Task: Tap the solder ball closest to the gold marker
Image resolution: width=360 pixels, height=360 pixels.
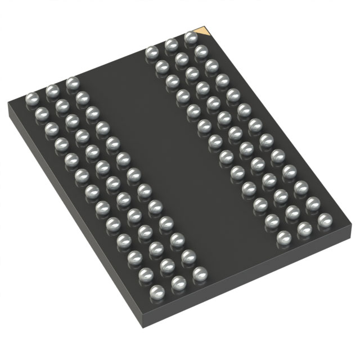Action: (x=190, y=38)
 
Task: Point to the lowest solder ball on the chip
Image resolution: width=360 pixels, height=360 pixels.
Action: (x=156, y=291)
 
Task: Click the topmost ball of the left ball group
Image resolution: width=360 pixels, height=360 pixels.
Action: (x=71, y=83)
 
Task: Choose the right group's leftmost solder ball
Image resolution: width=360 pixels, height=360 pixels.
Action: (x=151, y=53)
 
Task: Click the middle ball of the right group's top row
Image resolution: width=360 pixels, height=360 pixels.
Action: (x=171, y=45)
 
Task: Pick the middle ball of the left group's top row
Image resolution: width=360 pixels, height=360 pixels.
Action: (x=52, y=91)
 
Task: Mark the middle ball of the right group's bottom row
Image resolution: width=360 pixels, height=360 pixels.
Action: (x=304, y=228)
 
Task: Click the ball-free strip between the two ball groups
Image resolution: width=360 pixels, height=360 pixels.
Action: (x=169, y=152)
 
